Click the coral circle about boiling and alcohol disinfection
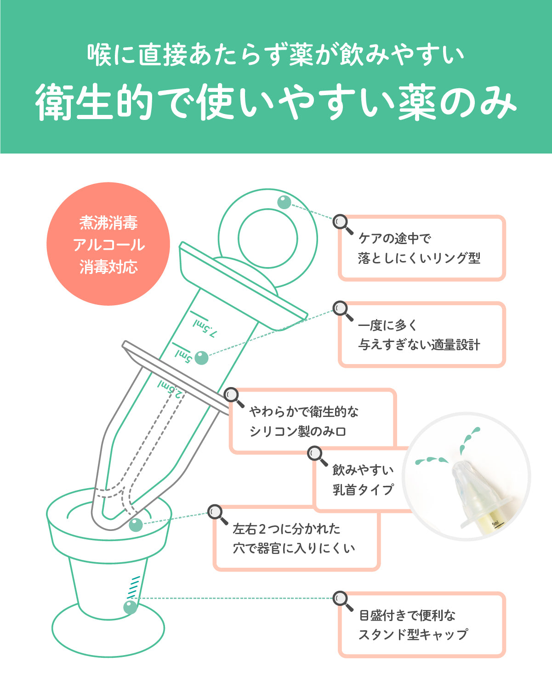click(108, 244)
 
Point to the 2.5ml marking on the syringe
click(171, 388)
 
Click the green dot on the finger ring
click(284, 202)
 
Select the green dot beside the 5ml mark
click(201, 358)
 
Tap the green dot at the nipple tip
click(136, 525)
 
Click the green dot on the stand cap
click(130, 607)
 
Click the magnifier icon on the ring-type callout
click(342, 224)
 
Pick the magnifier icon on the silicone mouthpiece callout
click(233, 397)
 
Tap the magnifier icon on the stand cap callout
click(342, 600)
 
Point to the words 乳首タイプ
click(363, 490)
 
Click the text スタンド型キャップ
click(413, 634)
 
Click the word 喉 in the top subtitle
click(99, 55)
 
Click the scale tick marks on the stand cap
click(133, 587)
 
